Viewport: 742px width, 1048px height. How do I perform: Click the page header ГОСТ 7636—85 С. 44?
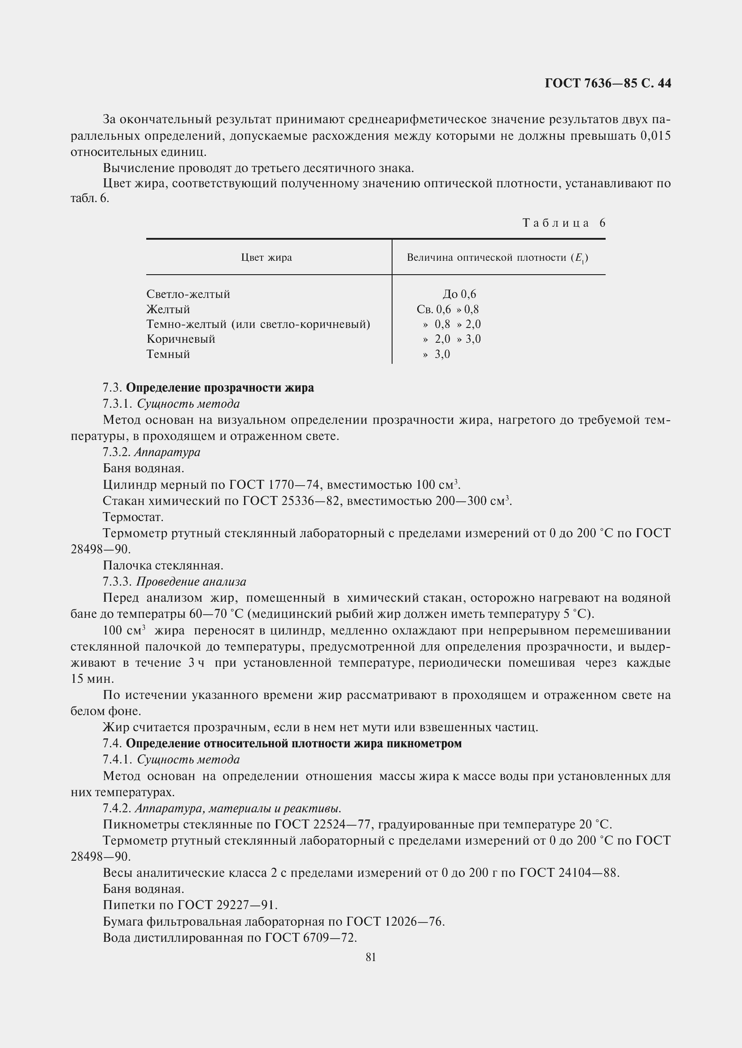click(x=608, y=83)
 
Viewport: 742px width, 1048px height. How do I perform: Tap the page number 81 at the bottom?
click(x=371, y=957)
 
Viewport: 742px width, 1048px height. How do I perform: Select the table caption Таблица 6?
click(x=564, y=223)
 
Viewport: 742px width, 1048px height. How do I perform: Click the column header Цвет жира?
click(x=266, y=258)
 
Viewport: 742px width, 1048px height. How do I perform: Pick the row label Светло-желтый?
click(x=188, y=294)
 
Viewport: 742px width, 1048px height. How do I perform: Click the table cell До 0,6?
click(x=459, y=294)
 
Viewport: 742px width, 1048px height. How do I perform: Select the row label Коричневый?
click(x=181, y=339)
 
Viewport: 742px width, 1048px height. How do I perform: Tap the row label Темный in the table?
click(x=168, y=354)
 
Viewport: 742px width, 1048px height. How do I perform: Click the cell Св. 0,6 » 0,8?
click(x=448, y=310)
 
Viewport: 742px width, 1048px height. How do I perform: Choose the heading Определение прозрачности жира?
click(x=220, y=388)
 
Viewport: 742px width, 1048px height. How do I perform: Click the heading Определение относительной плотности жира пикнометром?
click(x=294, y=744)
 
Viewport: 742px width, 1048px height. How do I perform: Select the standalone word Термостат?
click(x=133, y=517)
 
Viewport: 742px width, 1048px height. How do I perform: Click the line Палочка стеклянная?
click(x=163, y=565)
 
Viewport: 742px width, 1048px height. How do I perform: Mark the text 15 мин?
click(x=92, y=679)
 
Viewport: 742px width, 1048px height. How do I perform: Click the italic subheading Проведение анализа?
click(x=192, y=582)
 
